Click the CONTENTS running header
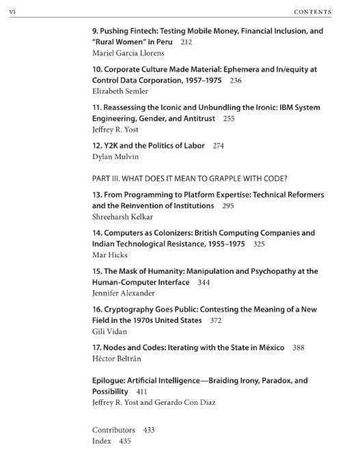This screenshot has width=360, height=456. click(312, 12)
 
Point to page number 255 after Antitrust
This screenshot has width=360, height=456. click(228, 119)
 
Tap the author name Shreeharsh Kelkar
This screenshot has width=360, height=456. click(123, 217)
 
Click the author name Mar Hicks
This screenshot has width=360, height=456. click(109, 255)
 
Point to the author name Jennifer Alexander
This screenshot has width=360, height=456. click(123, 293)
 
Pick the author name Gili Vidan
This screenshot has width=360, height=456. click(109, 331)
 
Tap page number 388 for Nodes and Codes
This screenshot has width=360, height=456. click(298, 347)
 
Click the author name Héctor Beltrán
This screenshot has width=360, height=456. click(117, 358)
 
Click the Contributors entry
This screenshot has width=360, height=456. click(114, 430)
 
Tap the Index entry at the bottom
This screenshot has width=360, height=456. click(102, 441)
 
